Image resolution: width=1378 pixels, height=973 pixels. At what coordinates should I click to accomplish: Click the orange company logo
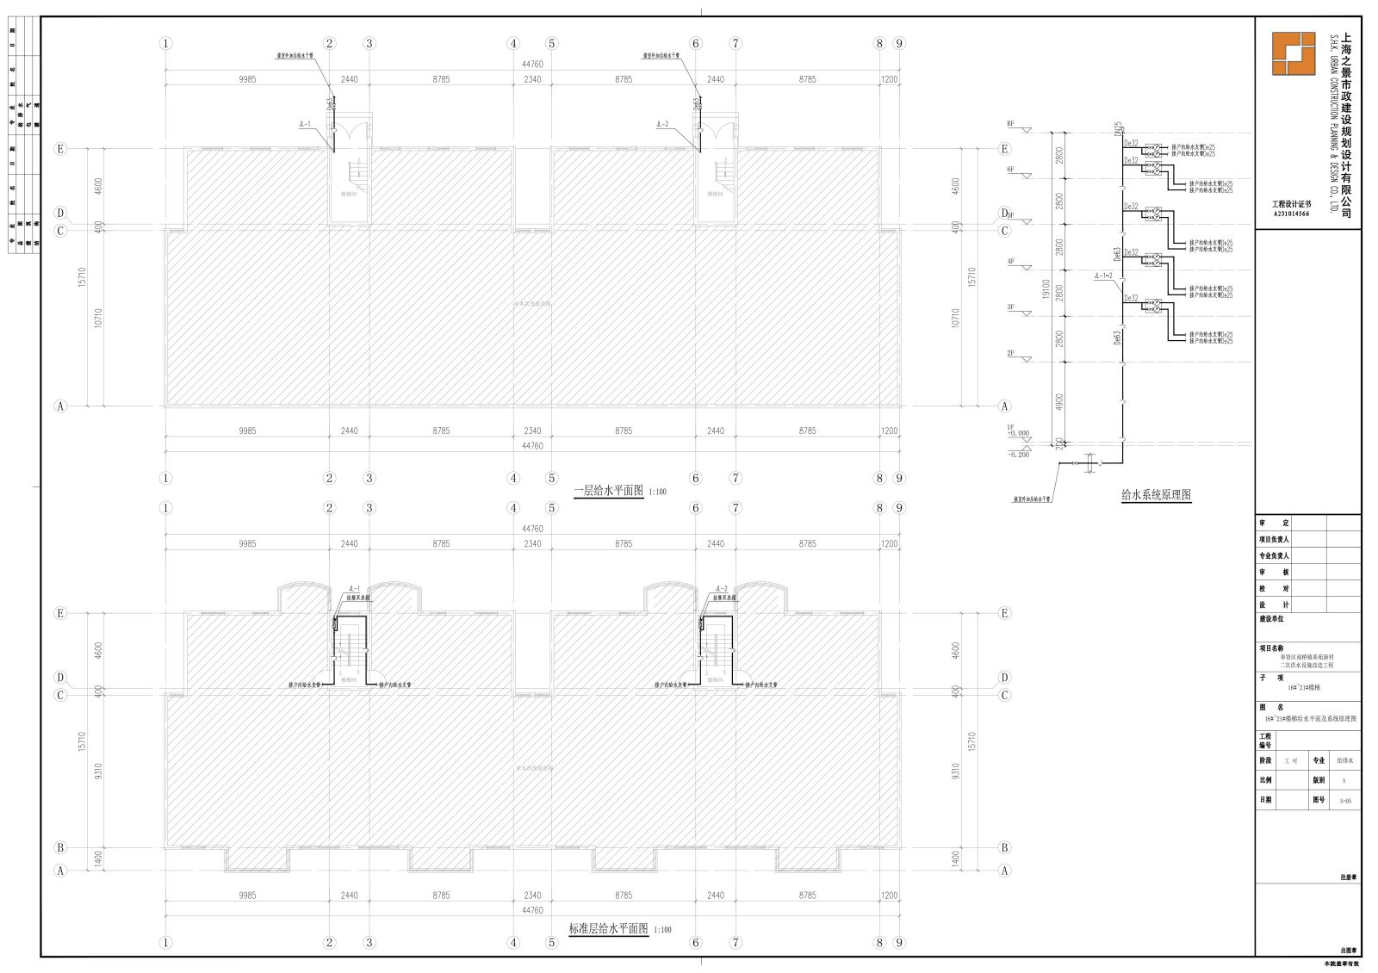point(1294,53)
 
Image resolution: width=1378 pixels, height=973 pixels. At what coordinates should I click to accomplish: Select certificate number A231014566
point(1291,214)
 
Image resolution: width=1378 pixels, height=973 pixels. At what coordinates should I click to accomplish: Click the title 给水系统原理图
point(1156,495)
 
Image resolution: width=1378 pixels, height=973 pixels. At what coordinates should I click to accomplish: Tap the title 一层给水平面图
point(609,491)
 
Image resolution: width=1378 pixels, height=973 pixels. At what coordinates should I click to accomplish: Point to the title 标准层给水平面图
point(608,929)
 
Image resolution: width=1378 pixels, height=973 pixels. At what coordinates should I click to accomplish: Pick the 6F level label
point(1011,169)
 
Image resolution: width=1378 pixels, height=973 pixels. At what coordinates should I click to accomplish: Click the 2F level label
point(1011,353)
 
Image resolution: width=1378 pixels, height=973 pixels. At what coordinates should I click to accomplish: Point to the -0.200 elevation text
point(1018,455)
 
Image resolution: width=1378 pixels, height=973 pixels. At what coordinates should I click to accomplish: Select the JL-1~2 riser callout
point(1103,276)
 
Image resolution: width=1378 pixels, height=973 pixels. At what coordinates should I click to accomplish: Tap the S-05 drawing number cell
point(1344,800)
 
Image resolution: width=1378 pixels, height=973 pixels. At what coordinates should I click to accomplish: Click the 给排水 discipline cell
point(1344,760)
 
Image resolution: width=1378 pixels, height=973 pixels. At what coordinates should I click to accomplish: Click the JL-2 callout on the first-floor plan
point(662,124)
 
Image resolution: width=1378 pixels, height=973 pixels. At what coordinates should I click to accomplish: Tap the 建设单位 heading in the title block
point(1271,618)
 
